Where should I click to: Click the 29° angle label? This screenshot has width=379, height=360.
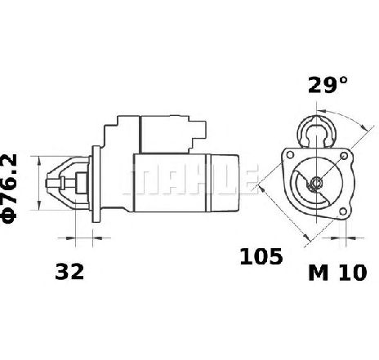coord(328,85)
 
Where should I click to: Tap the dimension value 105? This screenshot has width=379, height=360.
coord(261,256)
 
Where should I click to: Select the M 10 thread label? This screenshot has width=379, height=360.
coord(337,273)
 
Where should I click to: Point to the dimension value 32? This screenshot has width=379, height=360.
coord(69,272)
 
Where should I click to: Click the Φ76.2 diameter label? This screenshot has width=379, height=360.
coord(9,189)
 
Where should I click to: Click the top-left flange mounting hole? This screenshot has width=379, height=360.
coord(290,155)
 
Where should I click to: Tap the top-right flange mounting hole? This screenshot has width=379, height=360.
coord(344,156)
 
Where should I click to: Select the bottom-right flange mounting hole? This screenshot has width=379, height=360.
coord(343,211)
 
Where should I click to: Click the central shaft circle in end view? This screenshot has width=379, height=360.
coord(316,181)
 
